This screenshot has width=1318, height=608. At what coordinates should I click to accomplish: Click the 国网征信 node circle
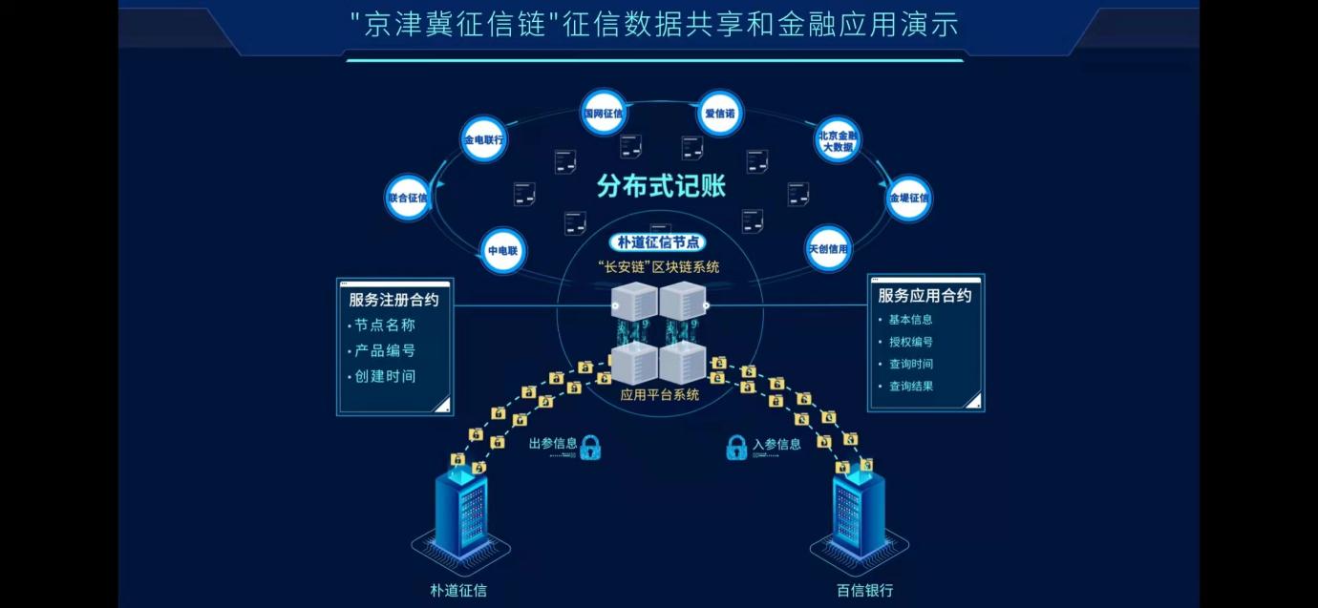(x=603, y=114)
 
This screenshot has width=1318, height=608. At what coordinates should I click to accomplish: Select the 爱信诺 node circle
(x=719, y=114)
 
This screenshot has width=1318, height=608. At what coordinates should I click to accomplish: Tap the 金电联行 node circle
(x=483, y=140)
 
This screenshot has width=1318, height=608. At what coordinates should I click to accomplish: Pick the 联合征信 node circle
(x=408, y=198)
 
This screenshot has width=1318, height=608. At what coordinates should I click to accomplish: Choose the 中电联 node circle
(x=502, y=251)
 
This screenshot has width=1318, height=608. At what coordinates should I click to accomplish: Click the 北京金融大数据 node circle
(x=838, y=140)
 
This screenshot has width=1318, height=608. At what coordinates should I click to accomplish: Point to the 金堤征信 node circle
(x=908, y=199)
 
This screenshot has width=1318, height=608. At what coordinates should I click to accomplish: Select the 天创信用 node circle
(x=828, y=249)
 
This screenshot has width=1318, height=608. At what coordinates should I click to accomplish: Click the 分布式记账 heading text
(x=661, y=185)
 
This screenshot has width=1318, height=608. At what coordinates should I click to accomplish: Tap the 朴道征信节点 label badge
(x=660, y=242)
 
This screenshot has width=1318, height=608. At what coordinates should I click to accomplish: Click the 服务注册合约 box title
(x=393, y=299)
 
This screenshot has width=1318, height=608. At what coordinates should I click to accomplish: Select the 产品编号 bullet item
(x=385, y=350)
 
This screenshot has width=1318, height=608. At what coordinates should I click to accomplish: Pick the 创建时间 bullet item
(x=385, y=376)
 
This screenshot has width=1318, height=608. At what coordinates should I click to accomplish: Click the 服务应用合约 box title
(x=925, y=295)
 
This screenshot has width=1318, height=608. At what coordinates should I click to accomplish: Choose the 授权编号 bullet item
(x=910, y=342)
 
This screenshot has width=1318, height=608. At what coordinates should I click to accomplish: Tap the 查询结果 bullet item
(x=910, y=387)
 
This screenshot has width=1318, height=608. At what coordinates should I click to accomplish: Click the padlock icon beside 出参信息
(x=590, y=447)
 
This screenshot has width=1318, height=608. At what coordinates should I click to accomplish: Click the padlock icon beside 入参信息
(x=736, y=447)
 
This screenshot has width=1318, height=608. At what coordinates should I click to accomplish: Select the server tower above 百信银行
(x=859, y=515)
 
